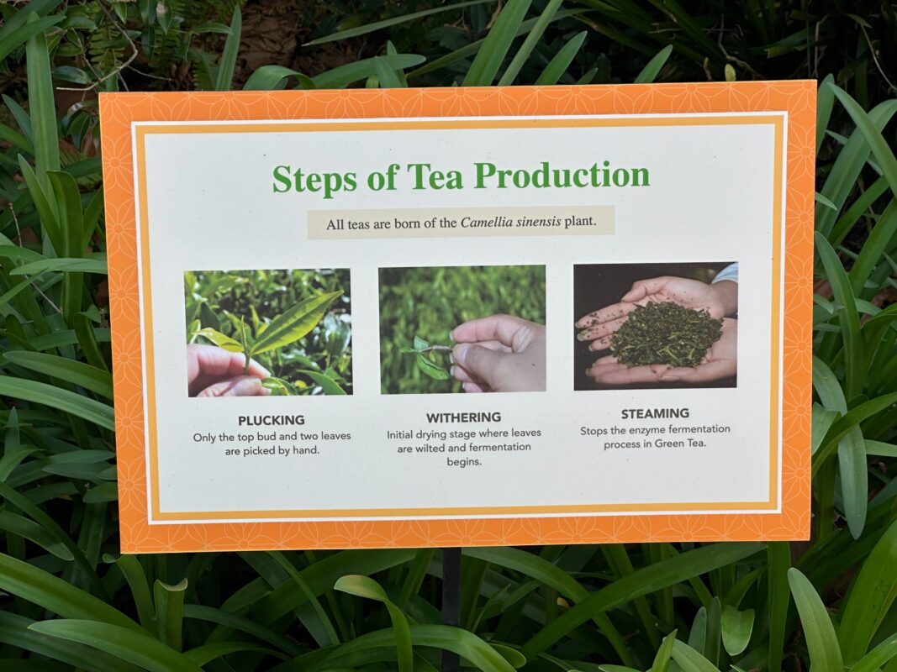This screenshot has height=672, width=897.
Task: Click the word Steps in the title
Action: pos(314,178)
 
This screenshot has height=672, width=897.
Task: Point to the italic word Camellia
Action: pos(485,223)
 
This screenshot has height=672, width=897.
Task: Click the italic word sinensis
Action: pos(537,222)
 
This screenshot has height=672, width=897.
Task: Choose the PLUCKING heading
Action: pos(272,421)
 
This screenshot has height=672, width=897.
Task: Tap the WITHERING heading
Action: pos(463,417)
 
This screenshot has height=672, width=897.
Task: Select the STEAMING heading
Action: pos(655,413)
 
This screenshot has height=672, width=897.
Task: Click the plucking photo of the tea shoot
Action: pos(268,332)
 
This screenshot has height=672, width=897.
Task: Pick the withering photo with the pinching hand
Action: pos(462,329)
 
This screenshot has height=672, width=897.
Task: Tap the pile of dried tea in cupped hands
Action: pos(665,333)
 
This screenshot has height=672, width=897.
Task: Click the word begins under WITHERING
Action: pos(464,462)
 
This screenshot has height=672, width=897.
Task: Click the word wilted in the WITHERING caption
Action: pos(430,448)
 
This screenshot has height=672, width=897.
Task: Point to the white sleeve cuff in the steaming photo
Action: pos(726,273)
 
